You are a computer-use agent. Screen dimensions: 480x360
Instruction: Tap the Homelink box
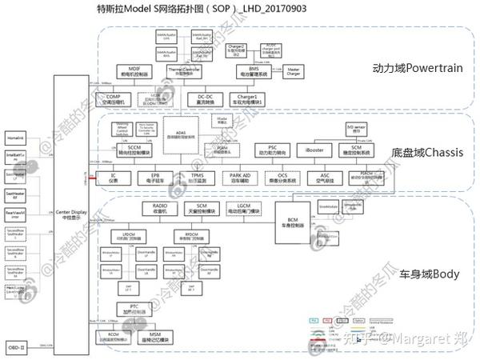point(16,138)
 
